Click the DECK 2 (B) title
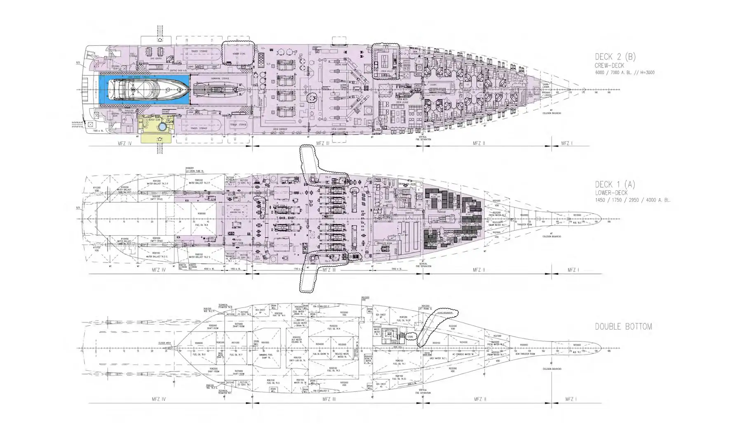coord(615,57)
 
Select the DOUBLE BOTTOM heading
coord(623,327)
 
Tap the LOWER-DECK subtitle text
coord(611,193)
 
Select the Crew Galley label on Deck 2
coord(386,71)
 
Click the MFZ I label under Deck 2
coord(566,144)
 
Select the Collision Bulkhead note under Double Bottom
coord(552,369)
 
